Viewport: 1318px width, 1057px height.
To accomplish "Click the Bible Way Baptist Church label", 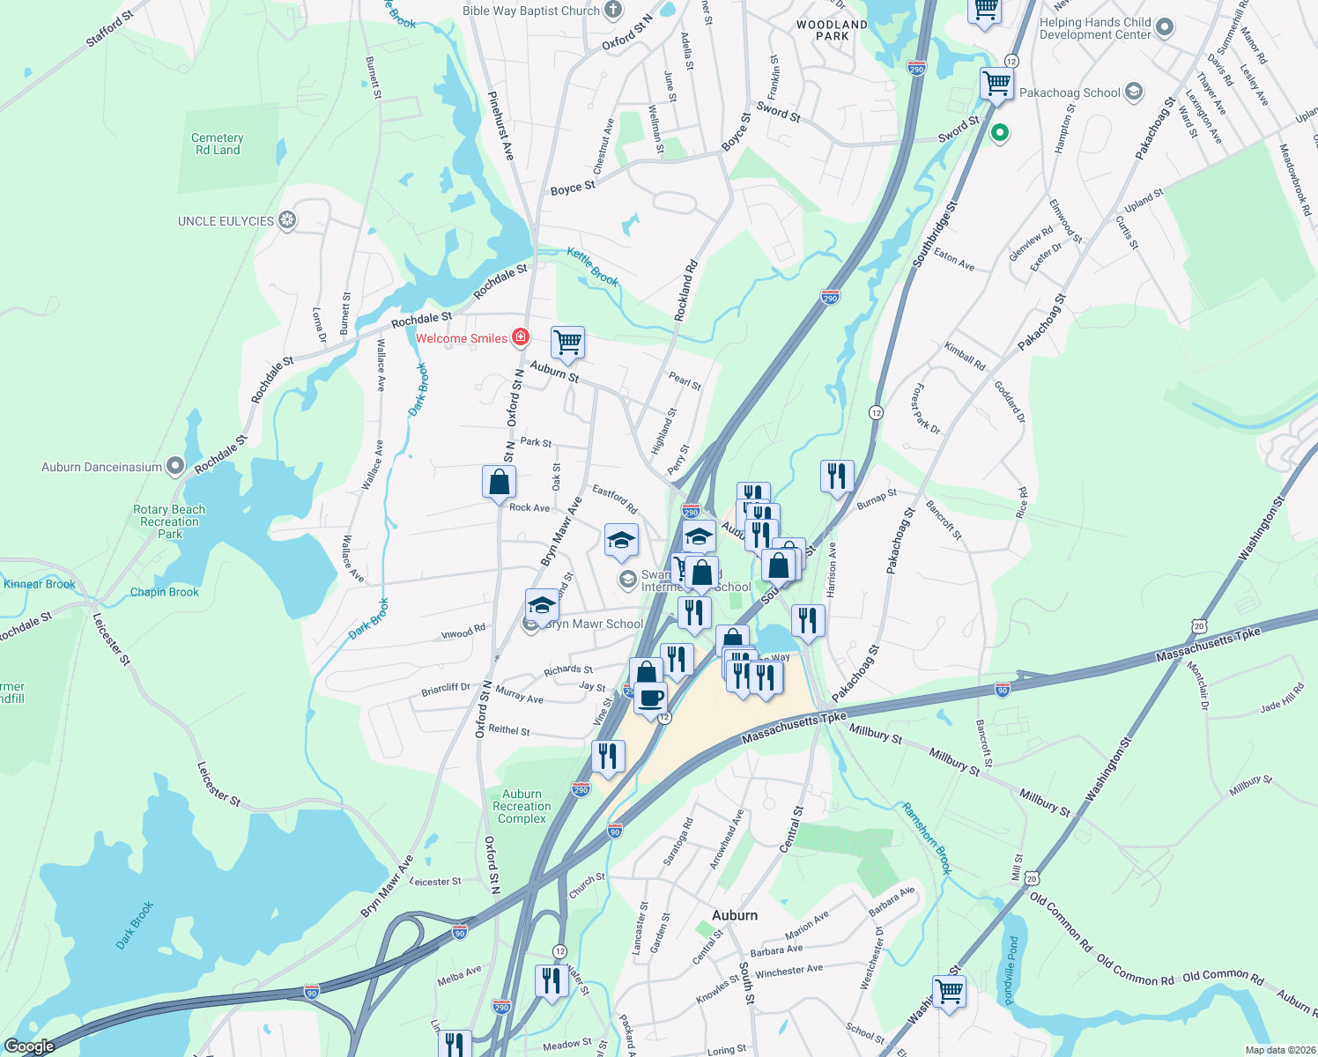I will pyautogui.click(x=530, y=11).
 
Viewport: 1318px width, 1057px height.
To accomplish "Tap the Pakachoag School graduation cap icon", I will pyautogui.click(x=1134, y=92).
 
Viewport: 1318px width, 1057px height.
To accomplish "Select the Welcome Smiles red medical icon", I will pyautogui.click(x=521, y=337).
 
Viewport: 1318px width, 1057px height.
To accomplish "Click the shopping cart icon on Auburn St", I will pyautogui.click(x=568, y=342).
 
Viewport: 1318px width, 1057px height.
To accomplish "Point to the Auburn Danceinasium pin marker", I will pyautogui.click(x=175, y=466).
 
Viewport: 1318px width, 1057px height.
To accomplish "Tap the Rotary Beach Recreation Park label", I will pyautogui.click(x=169, y=521).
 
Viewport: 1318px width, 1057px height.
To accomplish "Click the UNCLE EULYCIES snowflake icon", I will pyautogui.click(x=287, y=220).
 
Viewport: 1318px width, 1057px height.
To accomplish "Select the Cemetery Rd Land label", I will pyautogui.click(x=218, y=144).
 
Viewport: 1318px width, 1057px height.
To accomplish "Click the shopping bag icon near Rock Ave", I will pyautogui.click(x=499, y=482).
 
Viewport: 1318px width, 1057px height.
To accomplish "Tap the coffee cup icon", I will pyautogui.click(x=651, y=699).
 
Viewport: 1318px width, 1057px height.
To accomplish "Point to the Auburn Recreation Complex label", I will pyautogui.click(x=522, y=806).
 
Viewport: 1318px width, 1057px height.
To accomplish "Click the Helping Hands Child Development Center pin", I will pyautogui.click(x=1165, y=27).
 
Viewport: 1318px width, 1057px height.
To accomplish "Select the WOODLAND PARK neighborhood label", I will pyautogui.click(x=832, y=30).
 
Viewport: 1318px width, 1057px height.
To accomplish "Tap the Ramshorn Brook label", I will pyautogui.click(x=927, y=837).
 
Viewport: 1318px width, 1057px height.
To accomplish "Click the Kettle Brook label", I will pyautogui.click(x=592, y=266).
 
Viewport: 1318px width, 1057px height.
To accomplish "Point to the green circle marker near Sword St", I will pyautogui.click(x=999, y=133).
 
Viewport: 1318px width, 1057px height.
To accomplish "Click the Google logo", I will pyautogui.click(x=29, y=1046).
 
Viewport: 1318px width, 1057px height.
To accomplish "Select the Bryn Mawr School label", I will pyautogui.click(x=595, y=624).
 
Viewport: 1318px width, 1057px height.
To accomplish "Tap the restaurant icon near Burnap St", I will pyautogui.click(x=836, y=476).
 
